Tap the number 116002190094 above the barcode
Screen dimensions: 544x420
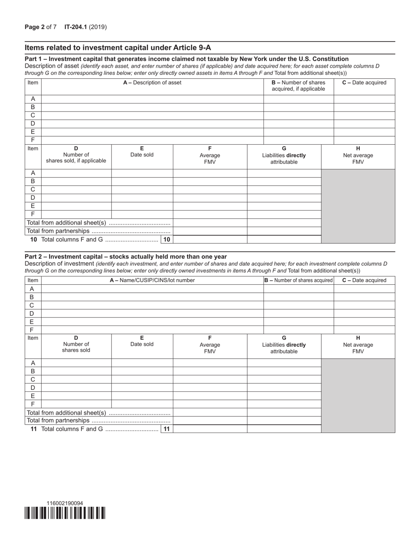click(x=65, y=503)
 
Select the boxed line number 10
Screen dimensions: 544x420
click(x=167, y=239)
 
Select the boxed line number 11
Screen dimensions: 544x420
click(x=167, y=429)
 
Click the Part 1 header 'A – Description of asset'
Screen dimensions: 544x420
click(x=152, y=83)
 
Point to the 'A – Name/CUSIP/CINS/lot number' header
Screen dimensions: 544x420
click(x=152, y=280)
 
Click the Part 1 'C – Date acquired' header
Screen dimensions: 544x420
click(x=364, y=83)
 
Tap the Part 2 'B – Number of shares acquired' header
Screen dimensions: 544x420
click(x=298, y=280)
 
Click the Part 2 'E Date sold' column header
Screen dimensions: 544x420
click(x=142, y=341)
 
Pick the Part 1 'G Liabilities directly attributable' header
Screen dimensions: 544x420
click(x=284, y=155)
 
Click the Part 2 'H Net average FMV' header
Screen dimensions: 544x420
click(x=358, y=345)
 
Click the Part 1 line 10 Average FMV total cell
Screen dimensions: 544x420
click(x=210, y=239)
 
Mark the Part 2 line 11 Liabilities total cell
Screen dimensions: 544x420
click(x=284, y=429)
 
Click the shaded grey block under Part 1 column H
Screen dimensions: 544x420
click(x=358, y=206)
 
